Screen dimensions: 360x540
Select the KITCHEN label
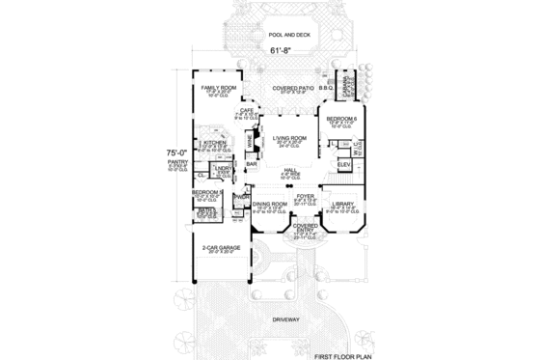tap(214, 142)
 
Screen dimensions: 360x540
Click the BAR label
tap(251, 164)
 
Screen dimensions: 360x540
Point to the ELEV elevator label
tap(342, 164)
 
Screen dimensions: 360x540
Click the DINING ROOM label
tap(271, 203)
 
